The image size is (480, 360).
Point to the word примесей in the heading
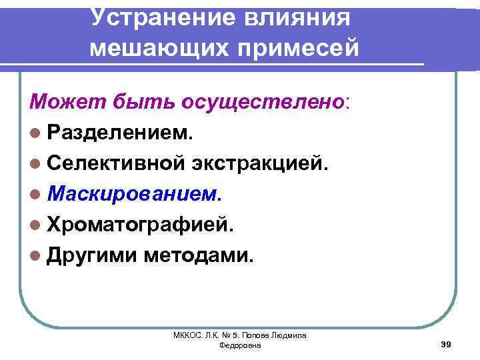[301, 47]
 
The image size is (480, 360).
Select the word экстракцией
[278, 163]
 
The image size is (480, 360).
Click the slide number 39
[447, 344]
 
